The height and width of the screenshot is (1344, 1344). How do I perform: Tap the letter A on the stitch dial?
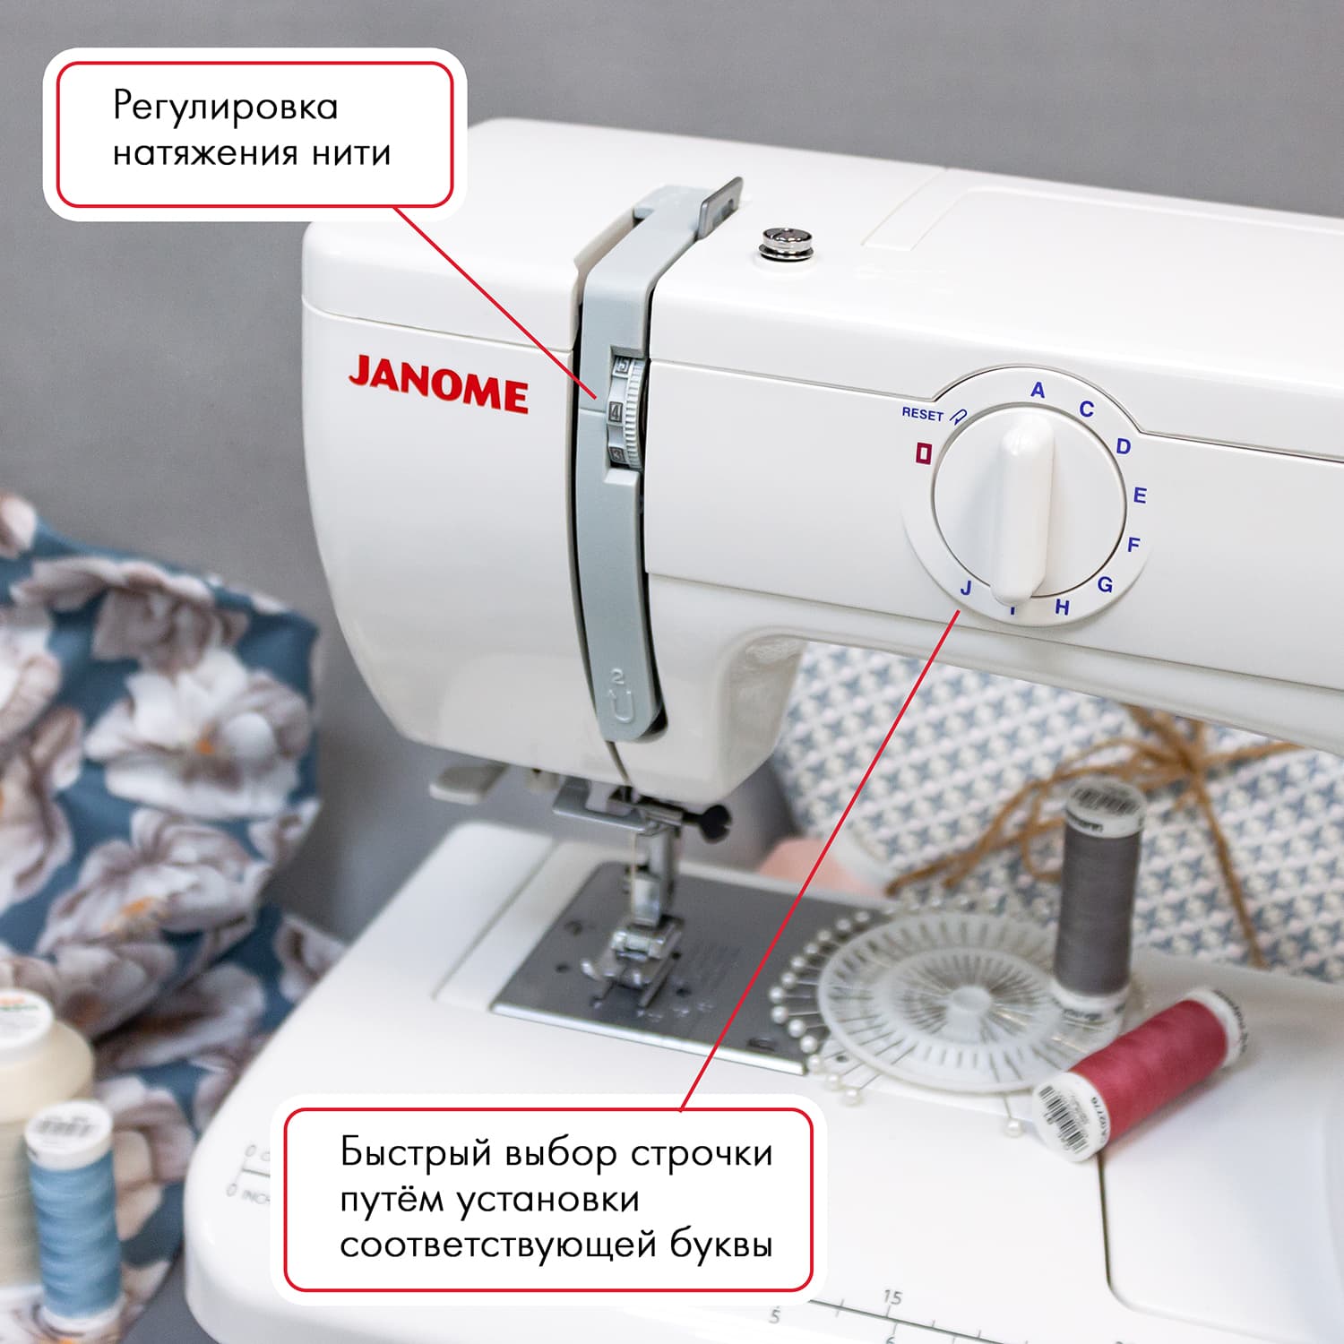click(1038, 391)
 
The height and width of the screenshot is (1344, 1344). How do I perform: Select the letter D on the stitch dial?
click(1124, 446)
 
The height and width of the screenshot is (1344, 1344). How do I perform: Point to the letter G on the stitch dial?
click(1105, 585)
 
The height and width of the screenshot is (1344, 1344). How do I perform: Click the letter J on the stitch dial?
click(965, 589)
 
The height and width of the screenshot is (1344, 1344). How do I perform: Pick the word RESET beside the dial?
click(922, 414)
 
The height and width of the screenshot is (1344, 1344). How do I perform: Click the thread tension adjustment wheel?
click(627, 412)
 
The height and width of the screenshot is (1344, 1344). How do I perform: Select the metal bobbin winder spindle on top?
click(786, 242)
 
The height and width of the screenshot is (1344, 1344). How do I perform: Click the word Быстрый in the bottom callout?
click(417, 1152)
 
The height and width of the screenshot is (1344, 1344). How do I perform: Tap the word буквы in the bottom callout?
click(720, 1245)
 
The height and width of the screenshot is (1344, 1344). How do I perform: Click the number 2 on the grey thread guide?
click(617, 678)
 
